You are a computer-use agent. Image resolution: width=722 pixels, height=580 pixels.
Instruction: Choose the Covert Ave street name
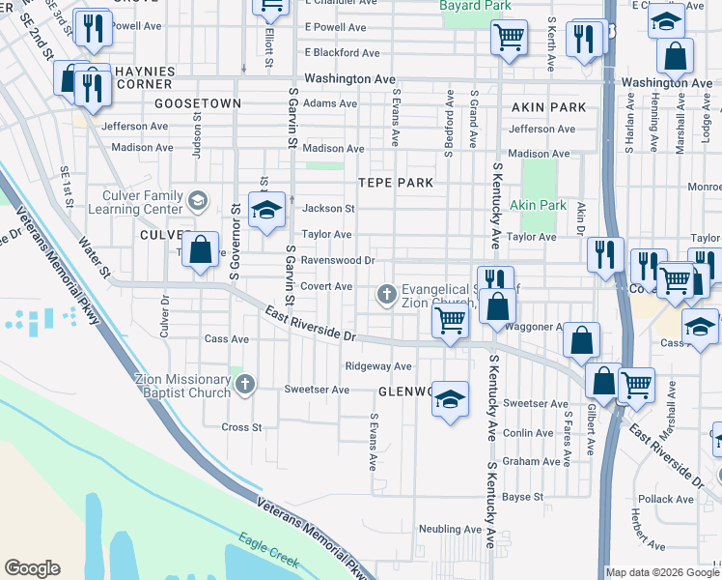tap(327, 286)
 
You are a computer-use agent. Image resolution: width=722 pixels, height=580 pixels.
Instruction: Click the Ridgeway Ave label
tap(378, 366)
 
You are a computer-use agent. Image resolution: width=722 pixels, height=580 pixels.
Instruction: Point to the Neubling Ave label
tap(450, 529)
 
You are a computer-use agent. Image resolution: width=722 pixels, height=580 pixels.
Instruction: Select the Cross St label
tap(242, 426)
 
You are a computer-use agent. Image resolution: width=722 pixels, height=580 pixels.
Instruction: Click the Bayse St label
tap(523, 497)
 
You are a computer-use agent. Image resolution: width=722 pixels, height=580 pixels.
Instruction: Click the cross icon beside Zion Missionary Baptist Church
tap(245, 385)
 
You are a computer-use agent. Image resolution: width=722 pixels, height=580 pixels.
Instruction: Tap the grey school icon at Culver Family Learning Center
tap(198, 201)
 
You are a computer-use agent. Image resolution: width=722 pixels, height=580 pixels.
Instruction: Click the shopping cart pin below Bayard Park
tap(509, 39)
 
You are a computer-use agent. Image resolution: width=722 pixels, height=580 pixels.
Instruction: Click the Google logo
tap(32, 568)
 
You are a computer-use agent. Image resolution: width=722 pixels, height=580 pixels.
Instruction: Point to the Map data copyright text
tap(662, 572)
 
